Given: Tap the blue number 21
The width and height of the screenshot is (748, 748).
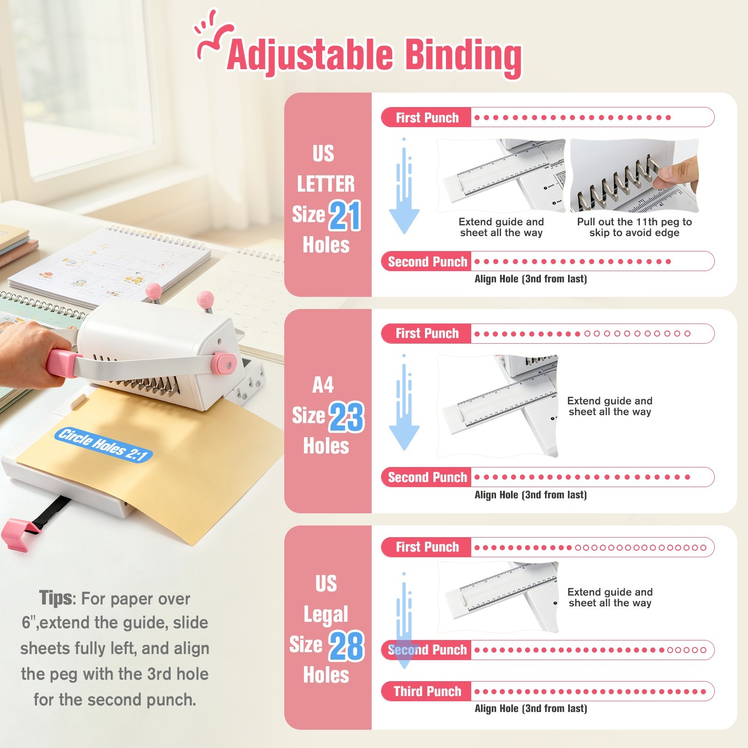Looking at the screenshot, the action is [345, 216].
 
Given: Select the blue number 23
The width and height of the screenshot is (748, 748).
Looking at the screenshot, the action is [346, 417].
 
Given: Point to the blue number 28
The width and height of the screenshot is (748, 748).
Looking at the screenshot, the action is [346, 646].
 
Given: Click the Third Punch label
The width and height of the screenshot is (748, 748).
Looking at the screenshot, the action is [427, 691].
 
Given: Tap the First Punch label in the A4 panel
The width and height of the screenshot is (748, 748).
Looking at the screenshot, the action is [427, 333].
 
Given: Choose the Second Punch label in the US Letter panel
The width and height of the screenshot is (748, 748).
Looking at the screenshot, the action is [427, 261].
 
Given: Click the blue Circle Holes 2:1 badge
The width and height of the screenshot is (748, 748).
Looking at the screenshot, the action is [104, 445].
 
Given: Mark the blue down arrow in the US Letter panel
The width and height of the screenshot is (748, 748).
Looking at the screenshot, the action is [404, 187].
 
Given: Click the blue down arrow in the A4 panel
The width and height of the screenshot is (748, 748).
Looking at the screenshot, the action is [404, 403].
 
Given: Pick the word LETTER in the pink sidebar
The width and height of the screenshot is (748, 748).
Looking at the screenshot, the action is [326, 184].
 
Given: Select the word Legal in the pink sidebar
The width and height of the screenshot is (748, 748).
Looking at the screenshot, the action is [326, 614].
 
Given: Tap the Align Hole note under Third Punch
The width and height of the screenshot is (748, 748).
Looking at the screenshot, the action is [531, 709].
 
